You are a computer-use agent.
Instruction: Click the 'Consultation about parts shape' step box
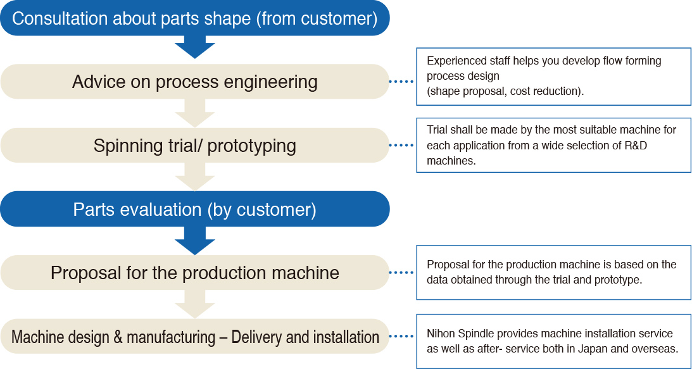coord(194,18)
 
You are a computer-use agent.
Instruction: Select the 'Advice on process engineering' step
coord(194,82)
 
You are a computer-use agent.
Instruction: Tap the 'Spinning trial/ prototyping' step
coord(194,146)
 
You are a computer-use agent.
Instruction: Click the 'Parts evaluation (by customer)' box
coord(194,209)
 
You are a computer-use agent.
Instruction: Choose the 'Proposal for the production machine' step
coord(194,273)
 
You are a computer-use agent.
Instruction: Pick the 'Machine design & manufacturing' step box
coord(194,337)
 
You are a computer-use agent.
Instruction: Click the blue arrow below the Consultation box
coord(195,47)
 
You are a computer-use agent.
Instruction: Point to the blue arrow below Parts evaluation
coord(195,238)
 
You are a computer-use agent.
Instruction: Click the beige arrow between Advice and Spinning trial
coord(195,112)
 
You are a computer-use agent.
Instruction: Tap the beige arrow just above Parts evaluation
coord(195,177)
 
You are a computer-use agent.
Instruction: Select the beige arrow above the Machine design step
coord(195,304)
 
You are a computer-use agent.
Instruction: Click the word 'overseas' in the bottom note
coord(657,349)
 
